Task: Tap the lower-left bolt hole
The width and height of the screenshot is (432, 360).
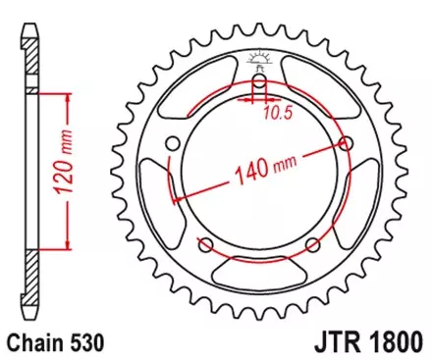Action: (x=207, y=244)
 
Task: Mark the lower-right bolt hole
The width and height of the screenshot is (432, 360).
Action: (x=311, y=244)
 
